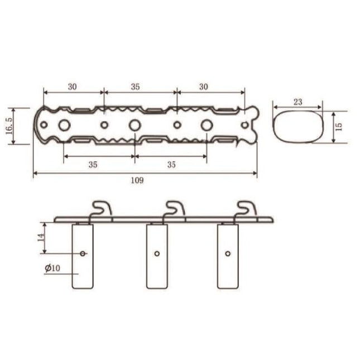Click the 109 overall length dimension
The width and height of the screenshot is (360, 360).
pyautogui.click(x=137, y=180)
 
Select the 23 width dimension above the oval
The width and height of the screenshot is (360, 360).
pyautogui.click(x=297, y=102)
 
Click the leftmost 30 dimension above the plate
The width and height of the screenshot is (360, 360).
pyautogui.click(x=73, y=87)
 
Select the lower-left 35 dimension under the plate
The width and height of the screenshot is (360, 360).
pyautogui.click(x=93, y=164)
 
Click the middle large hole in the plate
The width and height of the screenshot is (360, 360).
pyautogui.click(x=135, y=124)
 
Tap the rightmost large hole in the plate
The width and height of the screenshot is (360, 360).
pyautogui.click(x=206, y=124)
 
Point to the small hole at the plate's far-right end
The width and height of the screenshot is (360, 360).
pyautogui.click(x=243, y=124)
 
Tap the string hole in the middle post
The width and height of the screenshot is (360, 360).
pyautogui.click(x=157, y=253)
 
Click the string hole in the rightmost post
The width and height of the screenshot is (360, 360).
pyautogui.click(x=228, y=253)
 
